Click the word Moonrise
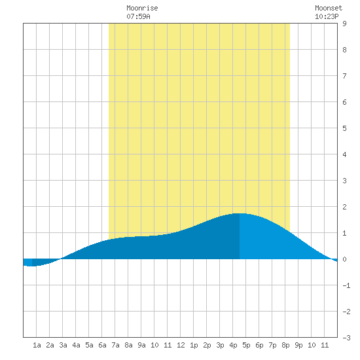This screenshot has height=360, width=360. point(142,9)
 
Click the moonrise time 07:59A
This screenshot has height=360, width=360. point(138,16)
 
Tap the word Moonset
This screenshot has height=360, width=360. point(329,9)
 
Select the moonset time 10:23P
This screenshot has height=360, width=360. point(327,16)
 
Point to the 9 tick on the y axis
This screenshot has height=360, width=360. point(344,24)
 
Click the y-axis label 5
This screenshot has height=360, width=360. point(344,128)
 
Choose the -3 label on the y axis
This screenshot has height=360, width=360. point(346,338)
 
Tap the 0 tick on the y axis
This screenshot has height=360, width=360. point(344,259)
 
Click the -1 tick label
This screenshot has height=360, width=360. point(346,285)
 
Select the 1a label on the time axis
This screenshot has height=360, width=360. point(37,345)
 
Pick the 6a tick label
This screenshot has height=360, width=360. point(102,345)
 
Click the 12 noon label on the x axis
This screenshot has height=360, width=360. point(181,345)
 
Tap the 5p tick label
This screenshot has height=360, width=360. point(246,345)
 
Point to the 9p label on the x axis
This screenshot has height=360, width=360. point(298,345)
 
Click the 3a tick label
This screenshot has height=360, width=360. point(63,345)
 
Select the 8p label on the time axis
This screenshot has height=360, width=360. point(285,345)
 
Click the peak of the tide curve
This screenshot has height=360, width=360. point(240,213)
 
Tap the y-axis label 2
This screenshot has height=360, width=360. point(344,207)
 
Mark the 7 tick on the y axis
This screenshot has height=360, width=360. point(344,76)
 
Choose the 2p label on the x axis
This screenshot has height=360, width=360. point(207,345)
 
